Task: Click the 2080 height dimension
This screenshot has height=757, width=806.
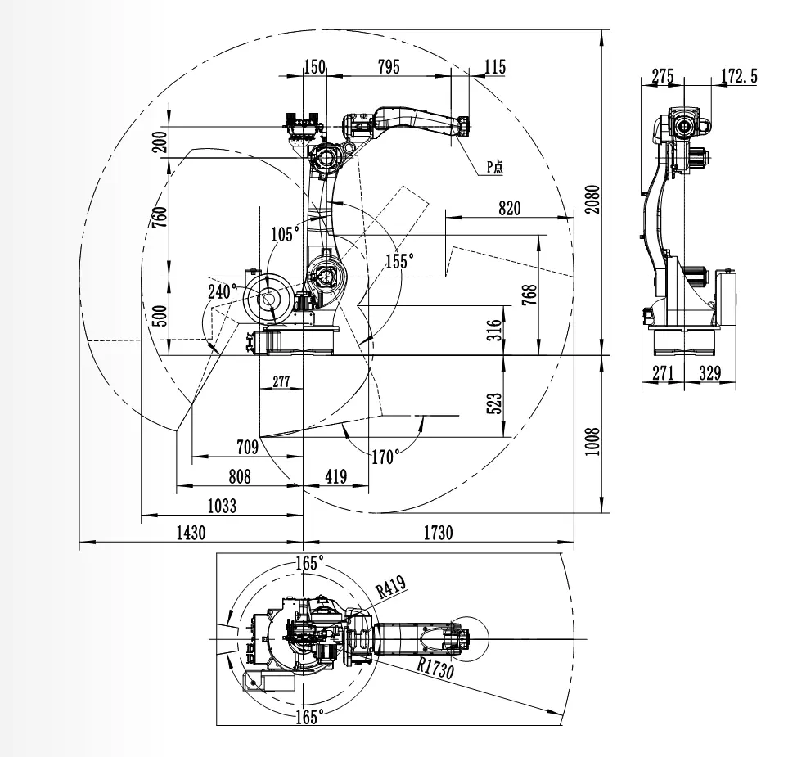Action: click(x=593, y=197)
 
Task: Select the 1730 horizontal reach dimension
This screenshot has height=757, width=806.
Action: click(x=437, y=532)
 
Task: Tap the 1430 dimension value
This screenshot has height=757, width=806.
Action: click(x=190, y=532)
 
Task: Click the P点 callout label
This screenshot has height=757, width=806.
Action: click(x=495, y=167)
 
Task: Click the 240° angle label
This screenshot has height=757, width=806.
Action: click(x=221, y=291)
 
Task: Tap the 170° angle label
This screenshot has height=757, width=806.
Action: click(x=385, y=457)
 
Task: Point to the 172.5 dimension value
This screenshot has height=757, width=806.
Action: click(x=738, y=77)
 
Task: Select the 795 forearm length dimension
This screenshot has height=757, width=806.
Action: click(x=388, y=67)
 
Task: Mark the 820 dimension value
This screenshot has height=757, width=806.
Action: click(x=507, y=208)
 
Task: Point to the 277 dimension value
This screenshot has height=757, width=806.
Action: click(x=281, y=381)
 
